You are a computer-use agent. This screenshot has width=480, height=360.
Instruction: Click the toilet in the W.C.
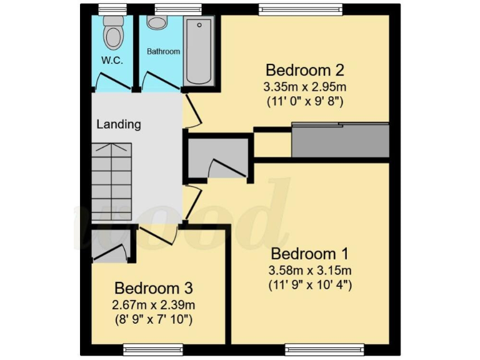[112, 34]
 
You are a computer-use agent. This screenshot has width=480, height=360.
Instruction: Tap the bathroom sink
[157, 23]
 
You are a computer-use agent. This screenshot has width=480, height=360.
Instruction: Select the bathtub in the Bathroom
[199, 51]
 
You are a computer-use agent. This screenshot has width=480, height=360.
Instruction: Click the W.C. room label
[112, 61]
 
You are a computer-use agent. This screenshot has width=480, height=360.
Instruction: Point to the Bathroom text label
[163, 52]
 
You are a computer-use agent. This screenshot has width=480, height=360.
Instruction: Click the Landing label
[118, 124]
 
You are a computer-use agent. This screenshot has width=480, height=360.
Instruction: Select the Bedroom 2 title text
[305, 69]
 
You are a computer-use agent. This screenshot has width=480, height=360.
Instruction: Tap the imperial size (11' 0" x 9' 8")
[305, 100]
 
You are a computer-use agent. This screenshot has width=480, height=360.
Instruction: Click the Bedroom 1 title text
[310, 254]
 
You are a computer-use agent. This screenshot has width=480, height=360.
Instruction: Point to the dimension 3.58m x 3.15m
[310, 271]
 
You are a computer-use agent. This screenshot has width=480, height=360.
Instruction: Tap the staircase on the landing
[112, 181]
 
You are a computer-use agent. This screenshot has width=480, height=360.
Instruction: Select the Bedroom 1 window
[324, 348]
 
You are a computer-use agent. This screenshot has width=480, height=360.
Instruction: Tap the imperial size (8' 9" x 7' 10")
[154, 320]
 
